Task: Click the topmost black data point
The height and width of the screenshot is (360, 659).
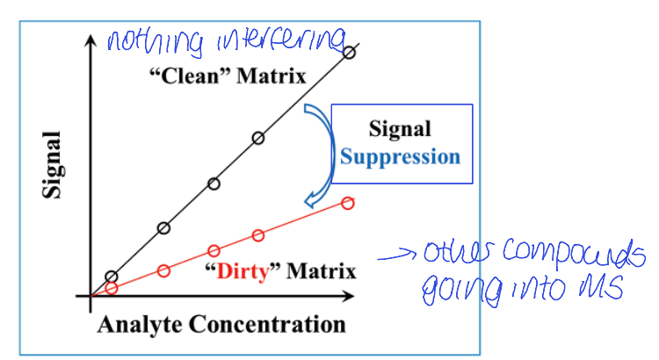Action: click(x=349, y=53)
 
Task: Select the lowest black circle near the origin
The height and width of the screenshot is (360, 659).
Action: click(x=111, y=277)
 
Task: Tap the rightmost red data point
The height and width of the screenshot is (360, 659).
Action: click(x=347, y=204)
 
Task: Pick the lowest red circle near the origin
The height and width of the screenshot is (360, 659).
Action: click(x=111, y=287)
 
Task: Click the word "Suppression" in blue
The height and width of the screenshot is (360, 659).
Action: click(x=400, y=157)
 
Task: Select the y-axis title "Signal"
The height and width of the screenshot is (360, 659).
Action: click(x=55, y=165)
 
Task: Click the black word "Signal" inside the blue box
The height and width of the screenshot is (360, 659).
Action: click(x=400, y=131)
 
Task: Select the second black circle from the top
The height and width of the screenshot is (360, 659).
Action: click(x=258, y=138)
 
